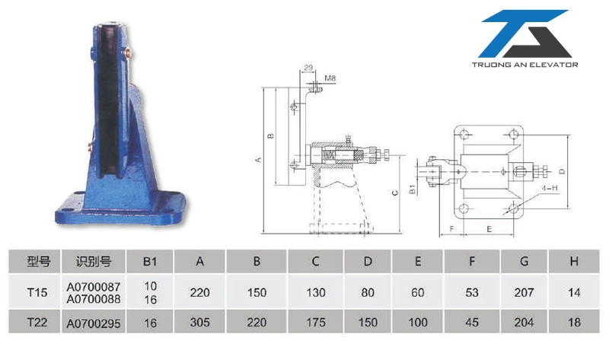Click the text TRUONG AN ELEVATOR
click(525, 65)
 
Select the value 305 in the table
click(200, 323)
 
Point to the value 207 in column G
click(524, 292)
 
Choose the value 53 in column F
click(472, 292)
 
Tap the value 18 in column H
click(574, 323)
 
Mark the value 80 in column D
click(368, 292)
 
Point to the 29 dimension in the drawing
click(307, 68)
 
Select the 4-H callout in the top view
click(550, 186)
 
